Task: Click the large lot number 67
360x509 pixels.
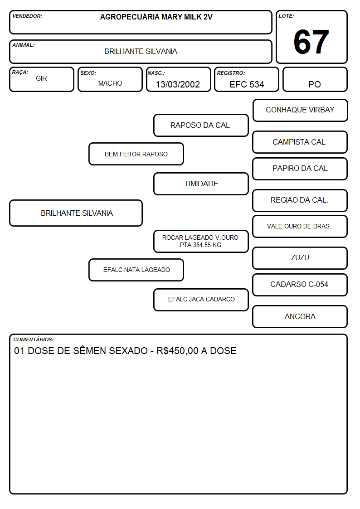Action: (311, 42)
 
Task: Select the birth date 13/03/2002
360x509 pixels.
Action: (178, 84)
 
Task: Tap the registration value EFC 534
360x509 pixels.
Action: (247, 84)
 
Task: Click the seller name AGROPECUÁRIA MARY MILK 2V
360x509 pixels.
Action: (156, 17)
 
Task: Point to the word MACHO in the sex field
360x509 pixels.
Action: (110, 83)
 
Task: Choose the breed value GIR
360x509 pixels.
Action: (42, 78)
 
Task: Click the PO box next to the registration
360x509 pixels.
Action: (315, 79)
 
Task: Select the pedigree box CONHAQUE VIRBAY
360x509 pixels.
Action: (300, 111)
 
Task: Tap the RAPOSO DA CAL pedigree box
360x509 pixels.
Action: (201, 125)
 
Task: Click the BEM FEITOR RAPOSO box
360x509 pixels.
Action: (136, 154)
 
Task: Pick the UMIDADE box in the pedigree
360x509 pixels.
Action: (201, 184)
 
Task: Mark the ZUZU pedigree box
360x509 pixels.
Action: (300, 258)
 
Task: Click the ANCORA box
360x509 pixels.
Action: (300, 316)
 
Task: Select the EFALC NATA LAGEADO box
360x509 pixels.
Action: (136, 270)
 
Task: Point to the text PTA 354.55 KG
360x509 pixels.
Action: (200, 245)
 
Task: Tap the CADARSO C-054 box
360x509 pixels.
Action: (300, 285)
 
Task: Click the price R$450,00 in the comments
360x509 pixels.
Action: (177, 351)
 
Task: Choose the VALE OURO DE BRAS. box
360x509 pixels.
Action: (300, 226)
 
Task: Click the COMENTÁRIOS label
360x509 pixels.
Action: (34, 339)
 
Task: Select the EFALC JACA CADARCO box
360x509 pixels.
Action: (201, 300)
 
